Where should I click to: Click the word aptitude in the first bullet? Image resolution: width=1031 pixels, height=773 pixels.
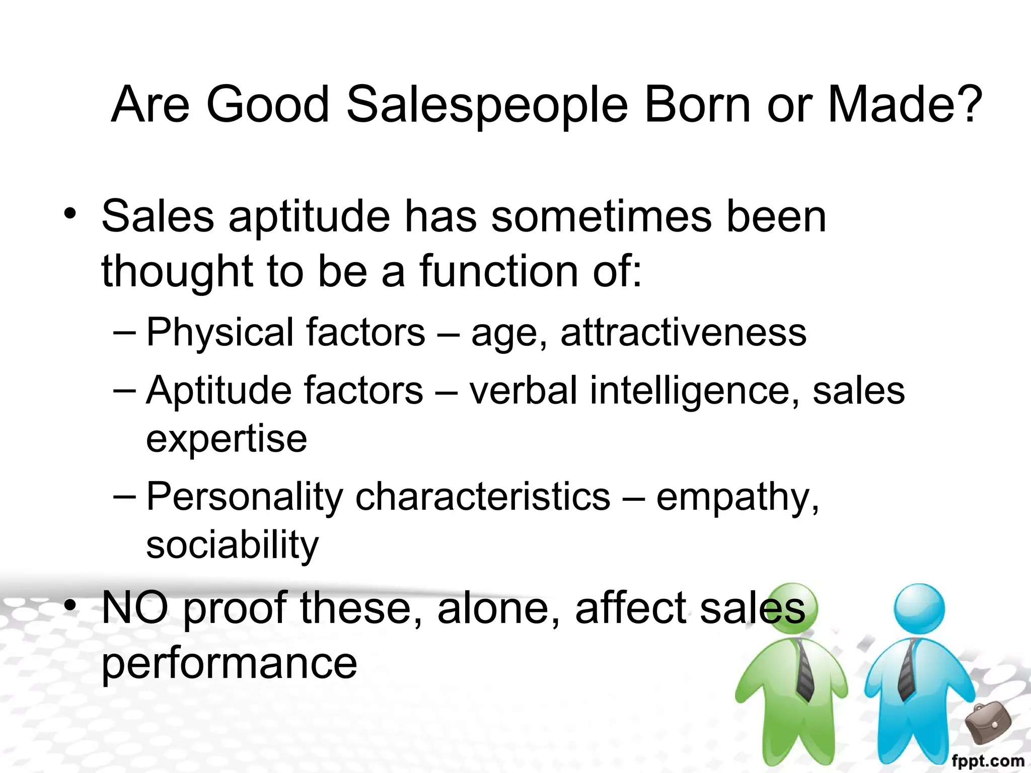(x=310, y=217)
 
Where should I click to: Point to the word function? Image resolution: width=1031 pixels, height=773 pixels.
(x=498, y=272)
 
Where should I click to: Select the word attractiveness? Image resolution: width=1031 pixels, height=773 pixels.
(x=683, y=333)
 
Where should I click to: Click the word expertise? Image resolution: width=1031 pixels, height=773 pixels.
(x=227, y=439)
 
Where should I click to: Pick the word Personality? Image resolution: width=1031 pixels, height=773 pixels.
(x=245, y=497)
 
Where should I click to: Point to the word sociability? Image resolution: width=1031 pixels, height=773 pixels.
(x=232, y=545)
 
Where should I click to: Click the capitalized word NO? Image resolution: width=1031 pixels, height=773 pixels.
(x=135, y=608)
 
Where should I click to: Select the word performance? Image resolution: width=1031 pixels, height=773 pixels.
(x=229, y=663)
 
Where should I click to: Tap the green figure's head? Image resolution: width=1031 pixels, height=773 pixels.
(x=792, y=608)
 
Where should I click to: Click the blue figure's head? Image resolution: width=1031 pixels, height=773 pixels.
(x=919, y=608)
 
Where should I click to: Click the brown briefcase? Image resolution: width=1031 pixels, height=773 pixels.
(x=988, y=722)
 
